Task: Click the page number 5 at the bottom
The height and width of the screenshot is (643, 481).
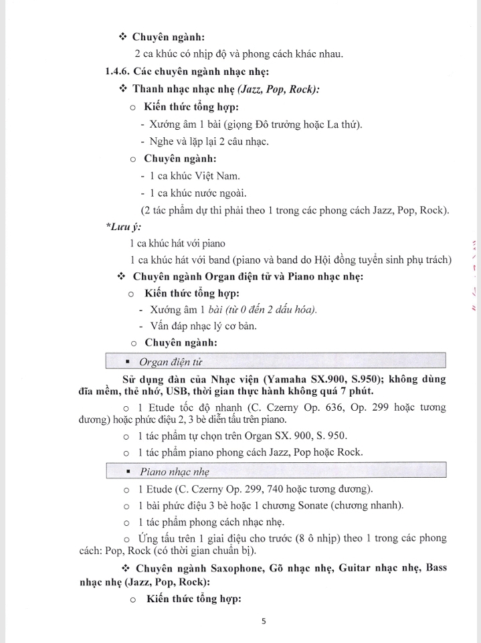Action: (264, 621)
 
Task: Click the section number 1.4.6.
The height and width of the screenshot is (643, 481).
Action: (117, 72)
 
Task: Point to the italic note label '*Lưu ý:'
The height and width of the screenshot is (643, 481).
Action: (118, 227)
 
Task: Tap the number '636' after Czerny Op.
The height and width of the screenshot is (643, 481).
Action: (347, 407)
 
